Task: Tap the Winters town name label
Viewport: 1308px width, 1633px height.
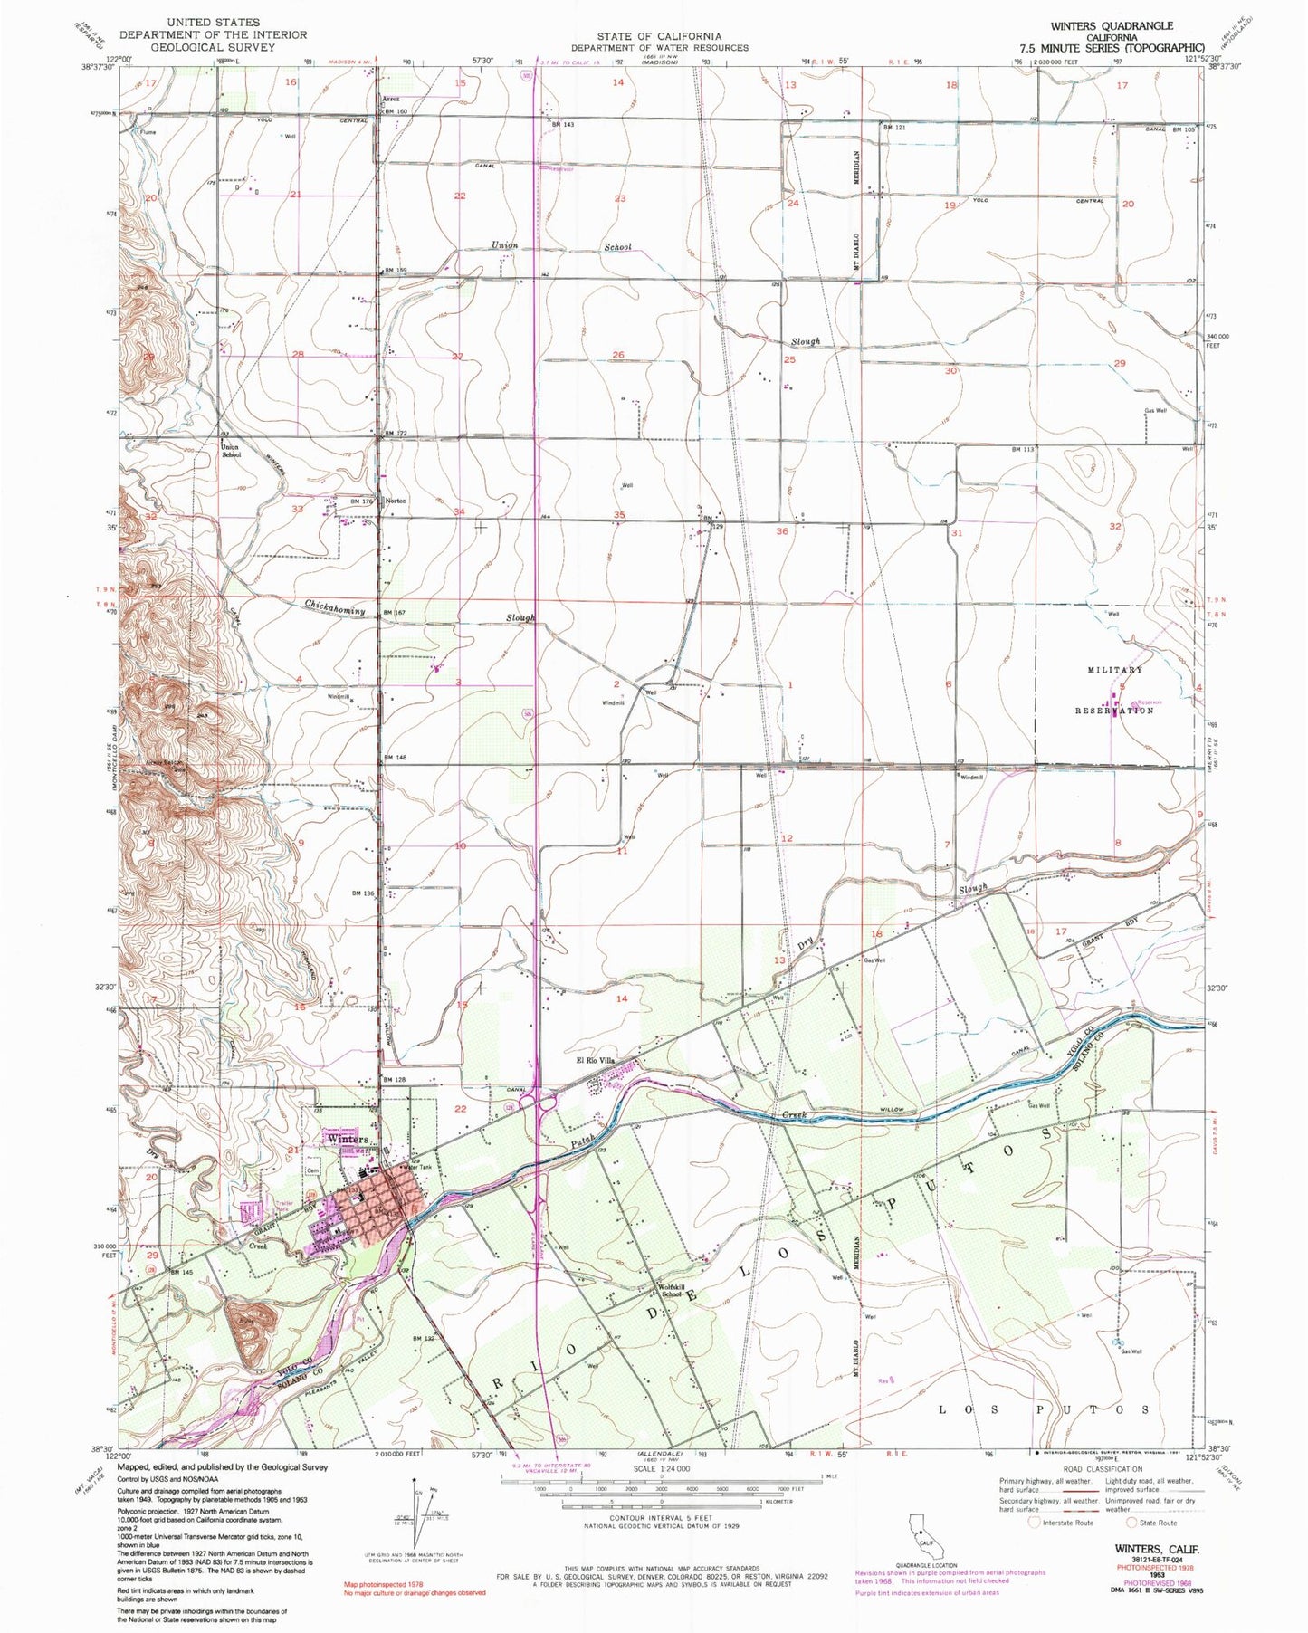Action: (x=348, y=1138)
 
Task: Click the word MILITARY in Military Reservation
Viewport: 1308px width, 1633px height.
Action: (x=1115, y=669)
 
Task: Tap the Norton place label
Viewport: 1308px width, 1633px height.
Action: (x=396, y=501)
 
